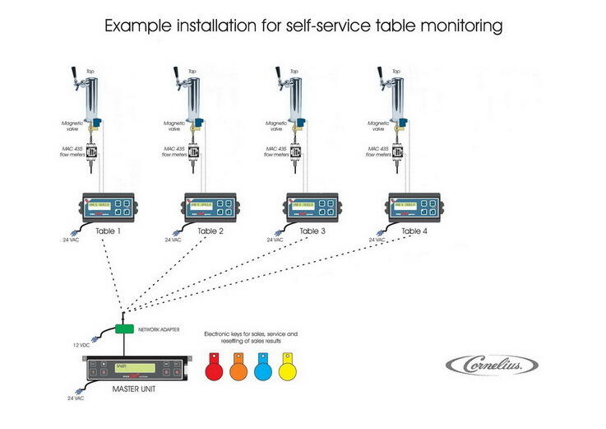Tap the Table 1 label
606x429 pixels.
point(109,231)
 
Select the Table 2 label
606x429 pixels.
point(210,231)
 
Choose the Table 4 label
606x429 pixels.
point(415,231)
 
